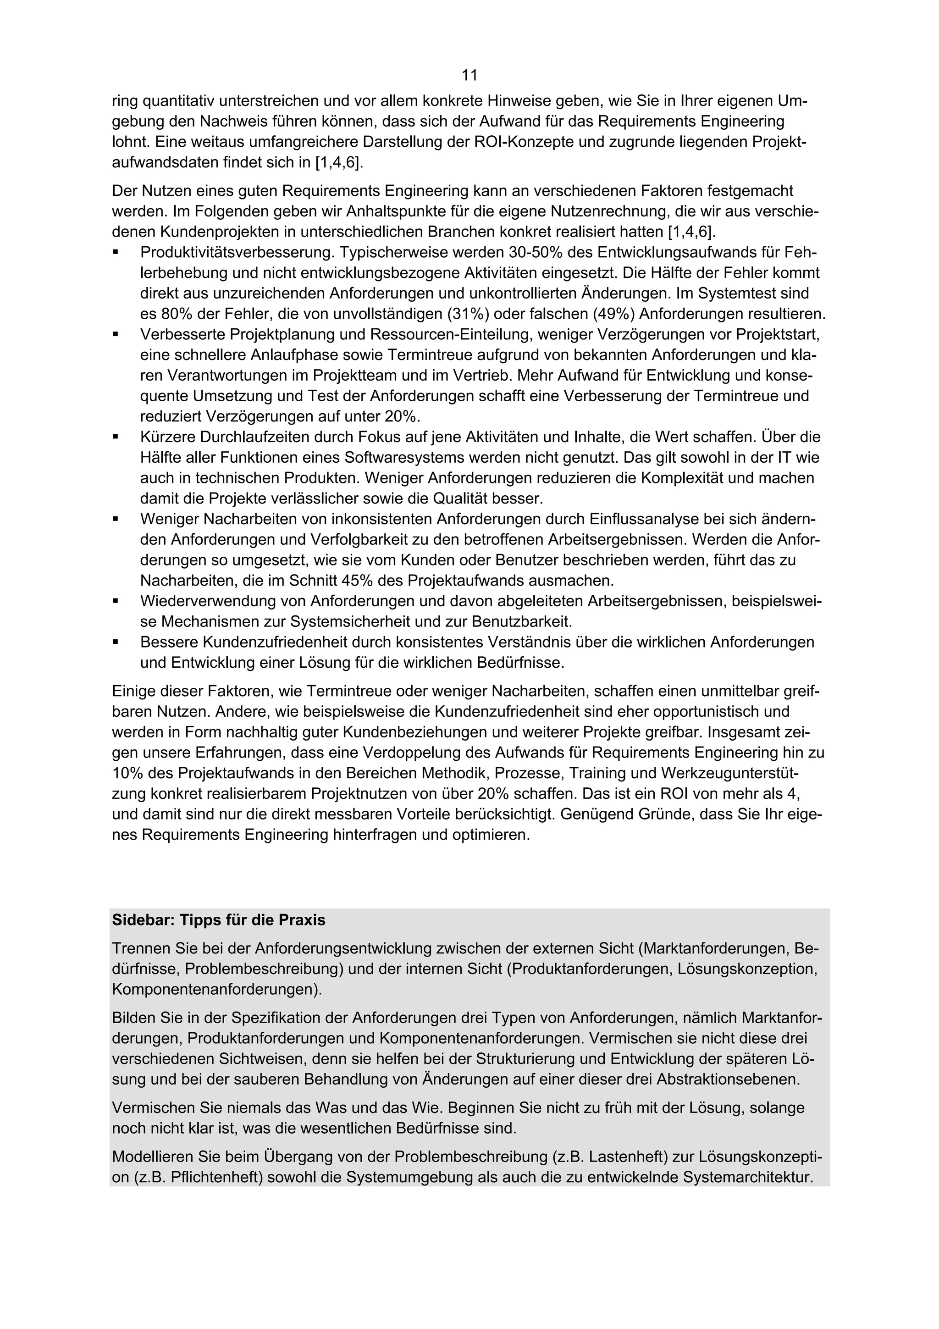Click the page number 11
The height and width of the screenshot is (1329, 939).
[x=469, y=75]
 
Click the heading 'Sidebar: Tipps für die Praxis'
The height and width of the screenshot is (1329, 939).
[x=219, y=920]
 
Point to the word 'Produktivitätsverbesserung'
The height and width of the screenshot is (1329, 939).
[x=237, y=253]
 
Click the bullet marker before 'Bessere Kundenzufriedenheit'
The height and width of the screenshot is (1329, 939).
[x=116, y=642]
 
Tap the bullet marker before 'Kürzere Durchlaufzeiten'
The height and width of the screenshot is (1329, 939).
[x=116, y=437]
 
